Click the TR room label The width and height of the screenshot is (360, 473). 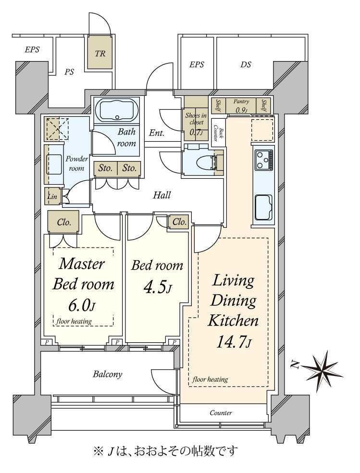click(100, 54)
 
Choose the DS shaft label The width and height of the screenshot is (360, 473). click(246, 64)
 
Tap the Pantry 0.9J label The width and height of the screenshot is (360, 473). click(241, 106)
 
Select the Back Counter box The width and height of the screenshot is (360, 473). click(217, 132)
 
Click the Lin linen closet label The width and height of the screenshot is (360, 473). click(52, 197)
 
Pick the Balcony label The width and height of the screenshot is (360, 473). click(107, 374)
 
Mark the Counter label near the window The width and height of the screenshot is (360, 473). click(221, 412)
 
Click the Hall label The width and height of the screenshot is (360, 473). click(162, 195)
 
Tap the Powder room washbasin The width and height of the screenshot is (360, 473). click(54, 164)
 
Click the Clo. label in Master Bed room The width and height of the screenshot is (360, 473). click(64, 223)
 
